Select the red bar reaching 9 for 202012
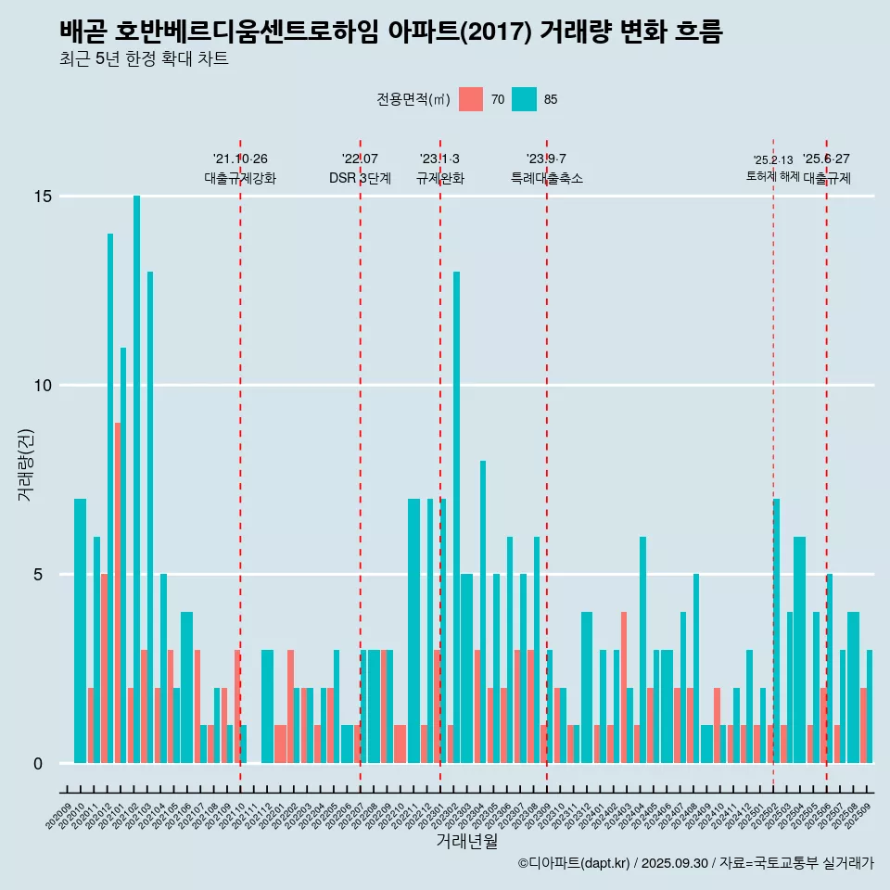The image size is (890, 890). pyautogui.click(x=118, y=593)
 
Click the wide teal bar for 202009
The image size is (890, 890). pyautogui.click(x=80, y=630)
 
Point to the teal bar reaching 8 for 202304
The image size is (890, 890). pyautogui.click(x=483, y=612)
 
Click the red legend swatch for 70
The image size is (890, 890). pyautogui.click(x=471, y=99)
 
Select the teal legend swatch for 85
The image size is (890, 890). pyautogui.click(x=524, y=99)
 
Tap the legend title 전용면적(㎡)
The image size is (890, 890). pyautogui.click(x=413, y=99)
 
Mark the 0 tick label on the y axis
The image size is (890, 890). pyautogui.click(x=38, y=764)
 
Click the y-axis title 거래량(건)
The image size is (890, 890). pyautogui.click(x=26, y=464)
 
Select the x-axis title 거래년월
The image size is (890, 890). pyautogui.click(x=466, y=842)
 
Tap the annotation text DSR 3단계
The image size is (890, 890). pyautogui.click(x=360, y=178)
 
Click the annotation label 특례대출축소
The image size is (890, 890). pyautogui.click(x=547, y=178)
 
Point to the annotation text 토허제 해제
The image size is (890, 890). pyautogui.click(x=772, y=176)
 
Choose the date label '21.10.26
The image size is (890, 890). pyautogui.click(x=240, y=159)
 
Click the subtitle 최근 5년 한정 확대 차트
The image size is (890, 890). pyautogui.click(x=144, y=59)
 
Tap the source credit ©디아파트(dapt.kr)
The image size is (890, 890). pyautogui.click(x=574, y=863)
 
